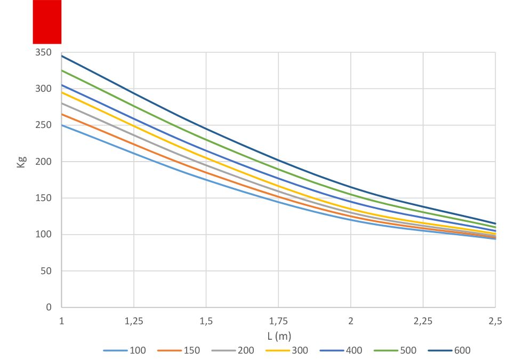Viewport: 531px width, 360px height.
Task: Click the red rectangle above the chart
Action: coord(47,22)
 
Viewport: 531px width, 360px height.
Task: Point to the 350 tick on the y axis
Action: coord(44,52)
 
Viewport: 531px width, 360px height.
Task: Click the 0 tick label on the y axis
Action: coord(49,307)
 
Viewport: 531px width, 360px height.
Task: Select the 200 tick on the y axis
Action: coord(44,162)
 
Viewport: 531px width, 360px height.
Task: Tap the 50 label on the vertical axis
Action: coord(46,271)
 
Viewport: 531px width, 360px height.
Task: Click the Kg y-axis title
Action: coord(21,162)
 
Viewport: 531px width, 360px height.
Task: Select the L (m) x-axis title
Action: coord(279,336)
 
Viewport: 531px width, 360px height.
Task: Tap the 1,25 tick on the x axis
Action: coord(134,321)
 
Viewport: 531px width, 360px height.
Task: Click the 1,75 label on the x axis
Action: coord(278,321)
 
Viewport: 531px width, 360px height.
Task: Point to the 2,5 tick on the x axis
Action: coord(495,321)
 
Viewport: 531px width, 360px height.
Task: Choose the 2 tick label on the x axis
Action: coord(351,321)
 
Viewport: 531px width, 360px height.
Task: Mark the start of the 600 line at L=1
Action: coord(62,55)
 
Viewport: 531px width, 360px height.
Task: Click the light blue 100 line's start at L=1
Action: coord(62,125)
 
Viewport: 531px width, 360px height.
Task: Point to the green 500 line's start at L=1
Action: coord(62,70)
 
